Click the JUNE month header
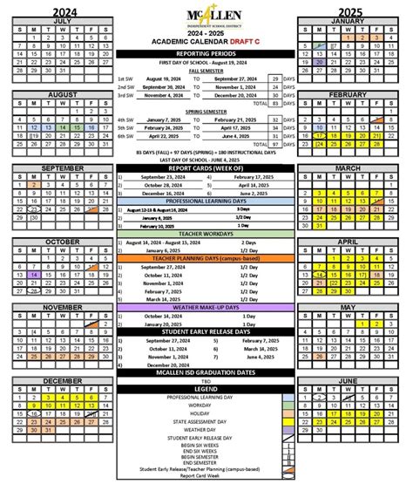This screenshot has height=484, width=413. pos(352,381)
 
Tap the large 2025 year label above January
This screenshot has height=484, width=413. pos(352,8)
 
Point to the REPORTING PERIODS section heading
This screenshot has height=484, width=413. pos(206,54)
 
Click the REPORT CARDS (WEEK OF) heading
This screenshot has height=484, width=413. pos(206,167)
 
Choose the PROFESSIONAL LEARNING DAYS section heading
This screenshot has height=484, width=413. pos(206,201)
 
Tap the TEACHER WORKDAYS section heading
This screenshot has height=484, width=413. pos(206,235)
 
